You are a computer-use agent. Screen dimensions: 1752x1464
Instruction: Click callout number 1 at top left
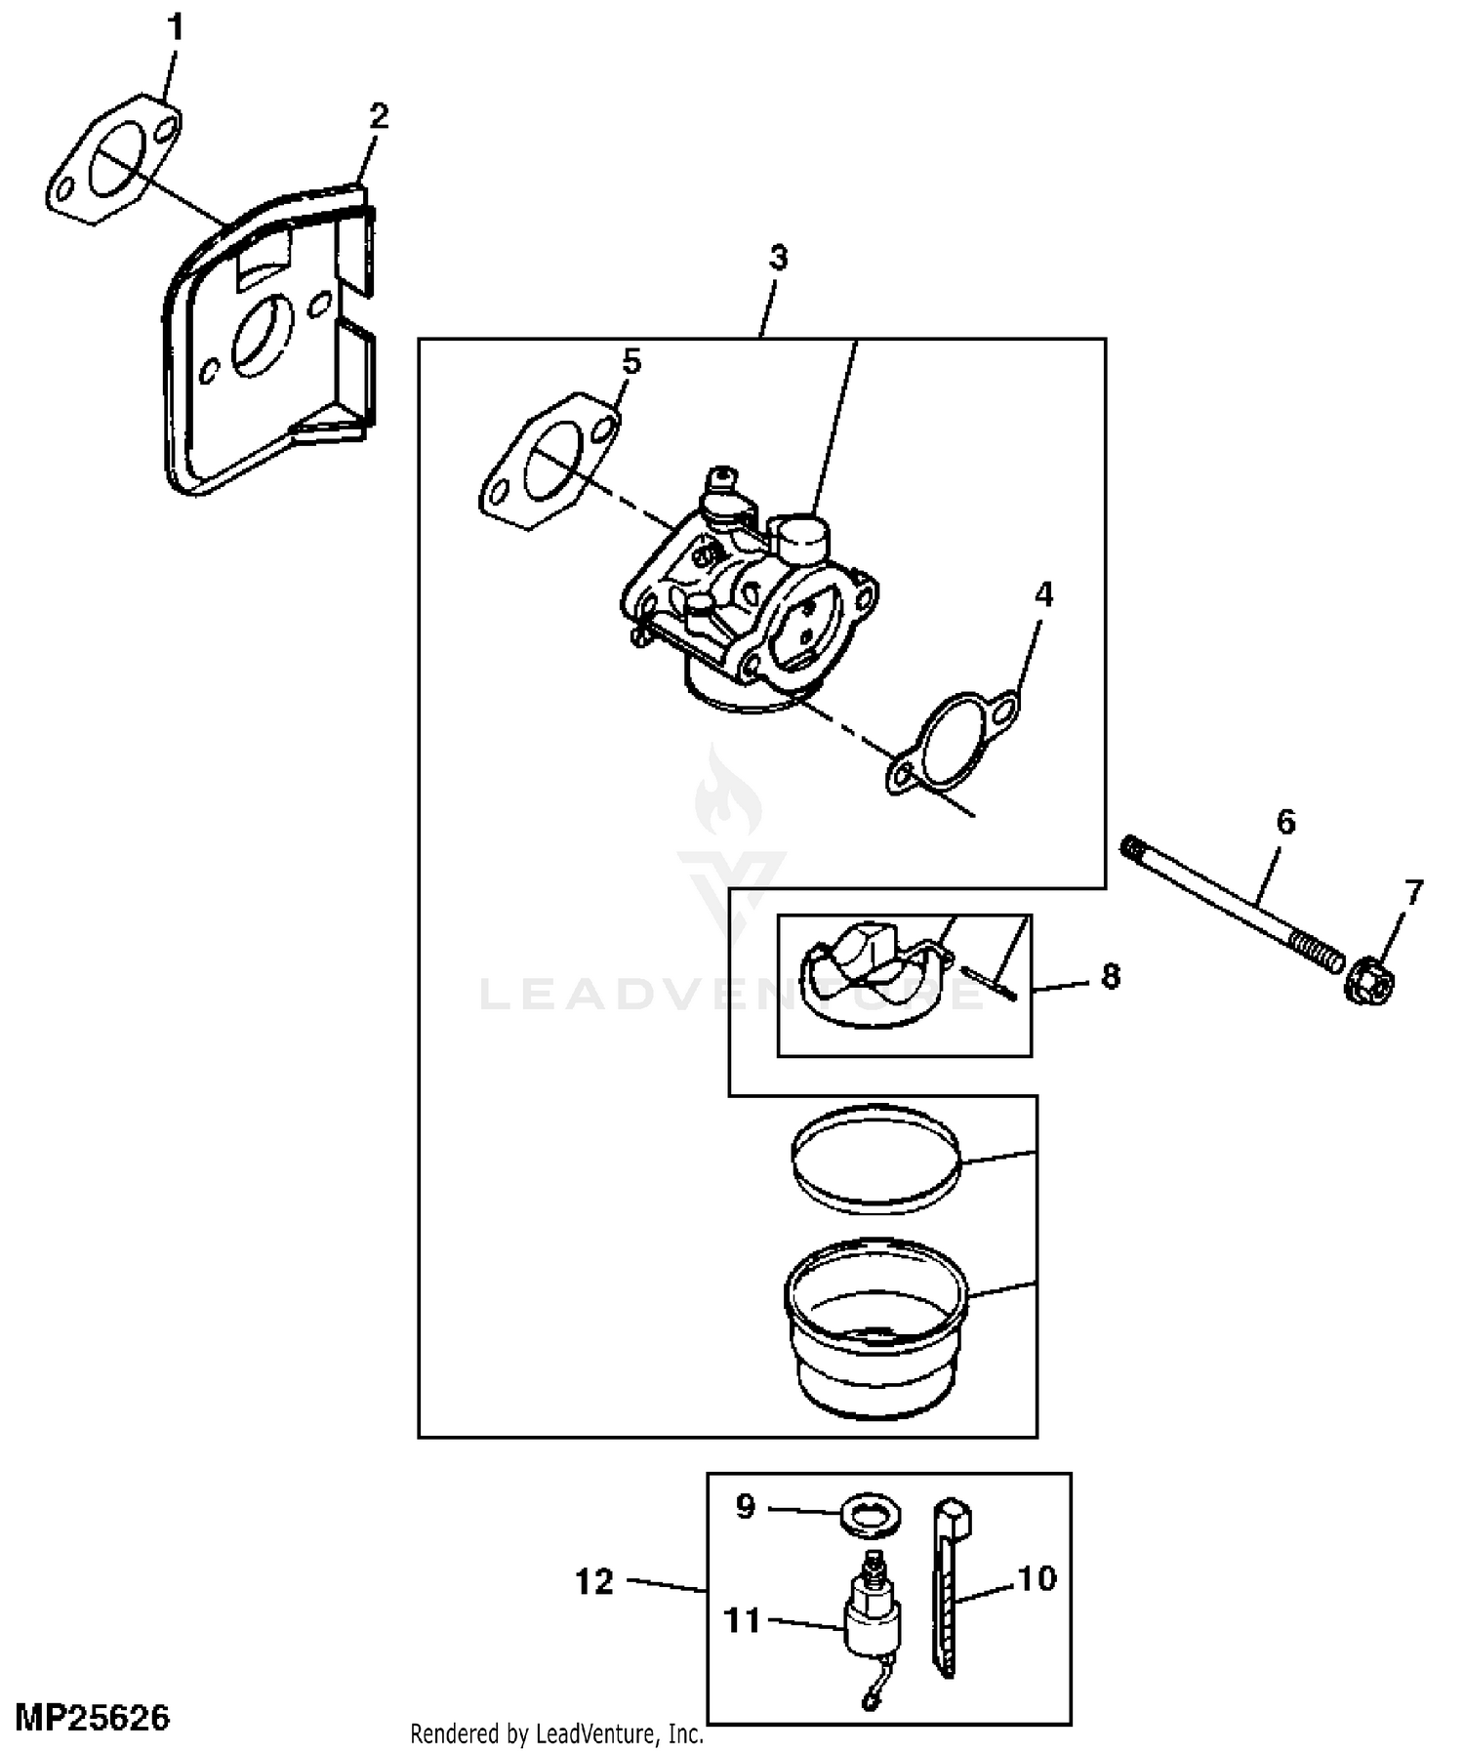[176, 28]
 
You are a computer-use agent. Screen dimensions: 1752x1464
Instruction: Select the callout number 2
[379, 116]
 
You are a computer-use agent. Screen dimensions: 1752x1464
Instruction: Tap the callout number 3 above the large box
[778, 258]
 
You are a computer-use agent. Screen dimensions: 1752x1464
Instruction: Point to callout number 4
[1043, 594]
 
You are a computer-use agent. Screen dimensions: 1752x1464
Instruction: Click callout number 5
[631, 362]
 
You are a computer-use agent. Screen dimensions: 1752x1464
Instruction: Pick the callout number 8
[1111, 976]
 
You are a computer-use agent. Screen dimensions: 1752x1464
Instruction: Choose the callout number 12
[594, 1582]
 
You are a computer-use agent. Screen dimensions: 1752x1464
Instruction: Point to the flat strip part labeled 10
[949, 1591]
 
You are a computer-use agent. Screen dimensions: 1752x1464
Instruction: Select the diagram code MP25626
[93, 1717]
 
